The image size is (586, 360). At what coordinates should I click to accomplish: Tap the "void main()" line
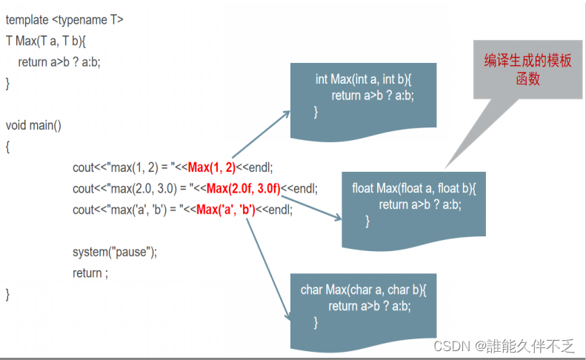click(x=33, y=125)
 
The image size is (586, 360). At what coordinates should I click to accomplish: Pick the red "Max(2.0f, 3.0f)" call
click(x=244, y=188)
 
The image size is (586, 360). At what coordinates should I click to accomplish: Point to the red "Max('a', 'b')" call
click(x=226, y=210)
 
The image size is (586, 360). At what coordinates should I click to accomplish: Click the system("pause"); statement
click(x=115, y=252)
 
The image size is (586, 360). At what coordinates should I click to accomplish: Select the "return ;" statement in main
click(x=90, y=273)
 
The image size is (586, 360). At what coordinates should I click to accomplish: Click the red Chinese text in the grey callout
click(x=527, y=70)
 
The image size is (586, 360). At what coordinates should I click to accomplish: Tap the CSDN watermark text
click(x=504, y=346)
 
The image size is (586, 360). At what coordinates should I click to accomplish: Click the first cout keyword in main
click(x=84, y=167)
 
